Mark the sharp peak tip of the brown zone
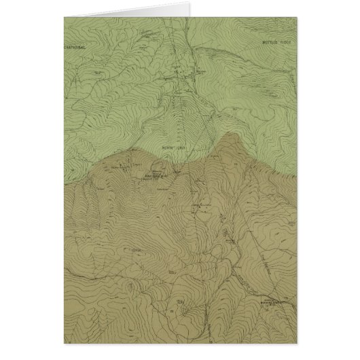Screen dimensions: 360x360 tap(229, 134)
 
